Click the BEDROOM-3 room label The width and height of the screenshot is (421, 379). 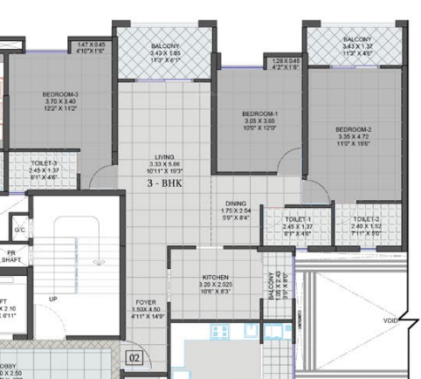coord(60,94)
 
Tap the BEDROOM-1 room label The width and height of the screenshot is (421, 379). coord(260,114)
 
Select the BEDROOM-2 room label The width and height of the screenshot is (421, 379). coord(354,129)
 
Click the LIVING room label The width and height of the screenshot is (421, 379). coord(165,156)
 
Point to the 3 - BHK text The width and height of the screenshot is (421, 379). coord(166,184)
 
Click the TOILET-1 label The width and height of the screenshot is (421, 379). coord(297,219)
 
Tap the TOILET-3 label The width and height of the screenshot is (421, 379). coord(43,162)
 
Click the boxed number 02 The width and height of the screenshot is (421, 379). coord(135,357)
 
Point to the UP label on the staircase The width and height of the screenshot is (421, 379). coord(52,300)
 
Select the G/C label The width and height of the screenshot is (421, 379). coord(19,230)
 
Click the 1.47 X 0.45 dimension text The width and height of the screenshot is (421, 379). coord(91,44)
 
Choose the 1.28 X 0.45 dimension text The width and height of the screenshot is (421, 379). coord(286,61)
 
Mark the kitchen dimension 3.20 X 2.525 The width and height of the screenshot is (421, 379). coord(214,286)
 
